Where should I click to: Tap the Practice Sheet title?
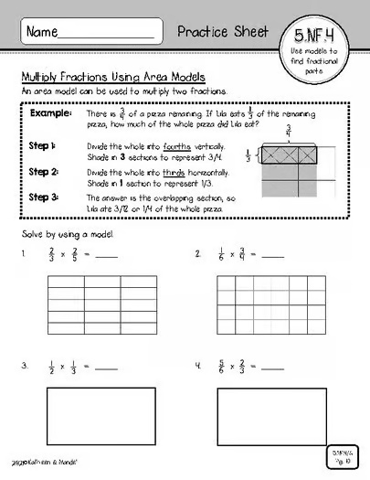[x=225, y=31]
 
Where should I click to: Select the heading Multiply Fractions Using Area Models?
[x=112, y=77]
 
